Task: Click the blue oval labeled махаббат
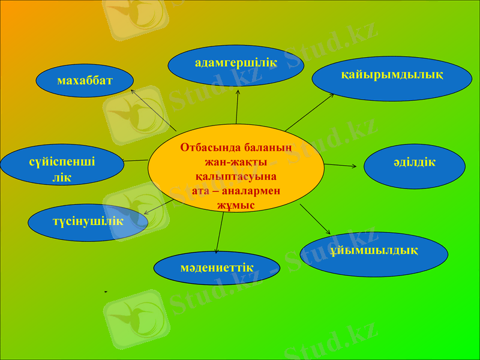[84, 80]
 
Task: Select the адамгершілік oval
[236, 65]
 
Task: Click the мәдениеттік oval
[217, 268]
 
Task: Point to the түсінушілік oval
[88, 223]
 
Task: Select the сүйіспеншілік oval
[62, 168]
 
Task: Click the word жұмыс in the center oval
[236, 205]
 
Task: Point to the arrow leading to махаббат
[153, 111]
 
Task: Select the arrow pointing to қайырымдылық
[309, 112]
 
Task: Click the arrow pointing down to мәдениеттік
[220, 231]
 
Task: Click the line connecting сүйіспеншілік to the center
[136, 161]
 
